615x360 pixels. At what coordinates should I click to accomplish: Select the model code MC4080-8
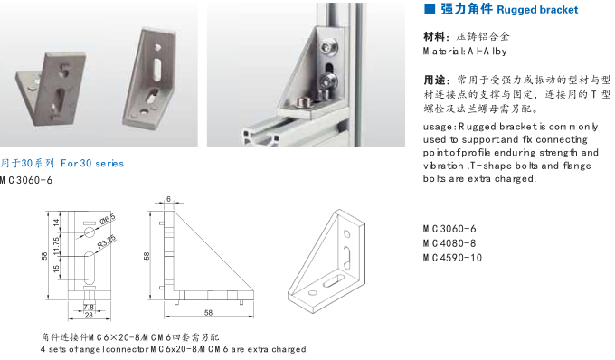449,242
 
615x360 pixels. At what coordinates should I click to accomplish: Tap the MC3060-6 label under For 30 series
28,180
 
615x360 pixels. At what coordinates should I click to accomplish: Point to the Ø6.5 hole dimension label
107,219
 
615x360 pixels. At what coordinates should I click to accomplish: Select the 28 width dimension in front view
90,316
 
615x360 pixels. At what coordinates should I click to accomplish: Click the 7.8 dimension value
90,307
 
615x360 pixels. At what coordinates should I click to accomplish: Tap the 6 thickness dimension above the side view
168,200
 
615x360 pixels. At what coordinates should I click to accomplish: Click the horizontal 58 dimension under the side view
208,313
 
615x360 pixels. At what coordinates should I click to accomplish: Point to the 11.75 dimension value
57,244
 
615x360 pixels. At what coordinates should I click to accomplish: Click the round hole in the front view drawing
90,233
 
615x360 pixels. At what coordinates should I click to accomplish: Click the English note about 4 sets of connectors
172,348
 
